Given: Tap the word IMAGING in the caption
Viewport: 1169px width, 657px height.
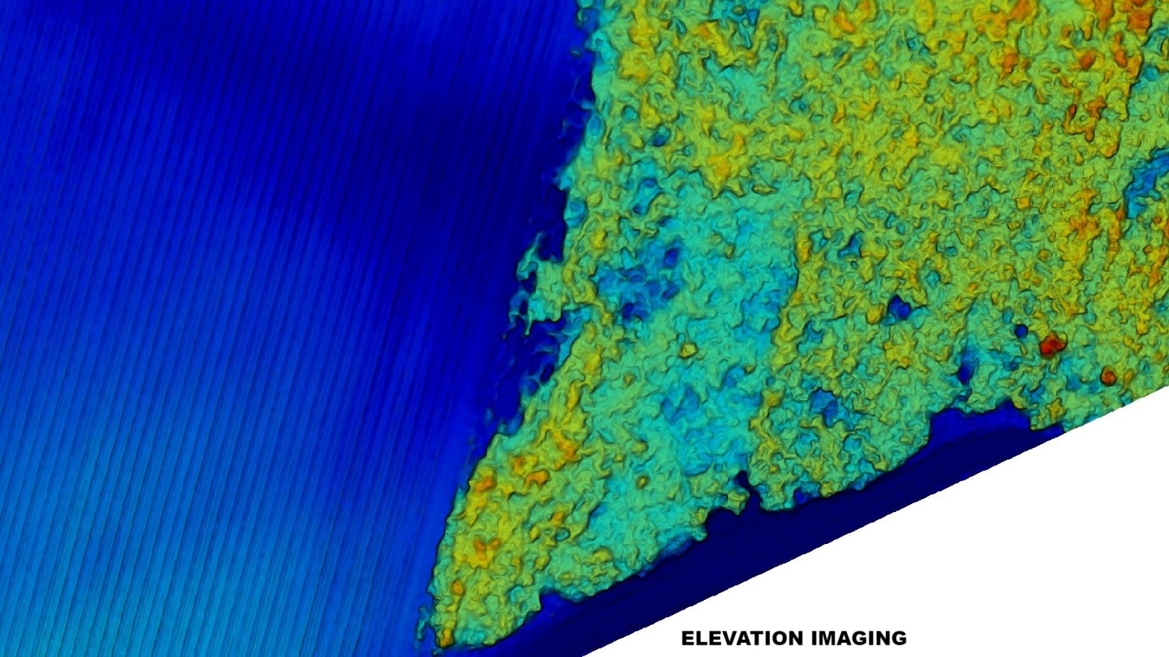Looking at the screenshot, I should tap(860, 638).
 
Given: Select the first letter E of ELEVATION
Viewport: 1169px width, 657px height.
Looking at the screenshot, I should tap(688, 638).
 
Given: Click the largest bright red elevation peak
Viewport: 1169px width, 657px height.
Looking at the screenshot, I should tap(1051, 344).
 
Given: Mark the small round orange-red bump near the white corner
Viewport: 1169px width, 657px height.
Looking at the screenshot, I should tap(1107, 378).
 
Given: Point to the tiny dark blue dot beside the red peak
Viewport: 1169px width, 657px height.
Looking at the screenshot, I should tap(1021, 331).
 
